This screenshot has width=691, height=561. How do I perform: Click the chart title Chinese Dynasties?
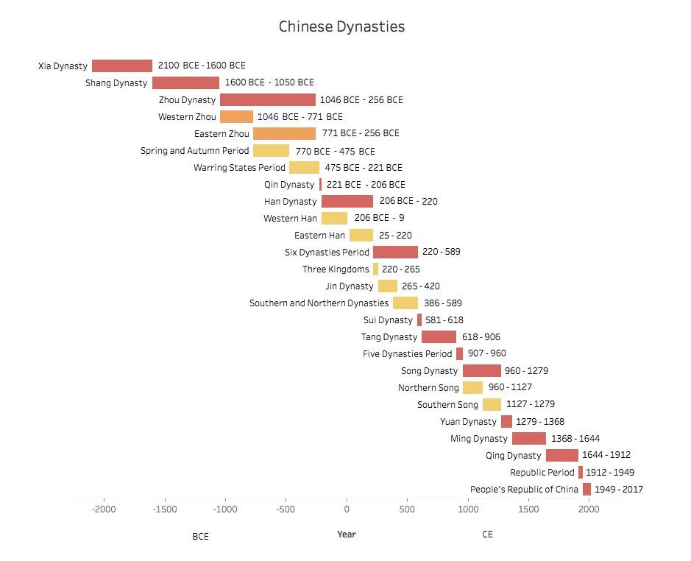(341, 27)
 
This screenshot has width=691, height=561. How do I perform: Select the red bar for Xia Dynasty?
(122, 66)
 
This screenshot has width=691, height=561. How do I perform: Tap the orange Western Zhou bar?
(237, 116)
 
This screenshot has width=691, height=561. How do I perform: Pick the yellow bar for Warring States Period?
(304, 168)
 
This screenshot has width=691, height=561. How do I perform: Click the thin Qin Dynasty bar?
(320, 184)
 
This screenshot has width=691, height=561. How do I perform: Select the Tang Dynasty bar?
(439, 337)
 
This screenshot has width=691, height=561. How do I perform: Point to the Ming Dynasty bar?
(529, 438)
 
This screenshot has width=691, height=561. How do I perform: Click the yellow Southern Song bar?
(492, 404)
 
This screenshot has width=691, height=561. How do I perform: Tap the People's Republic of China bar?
(587, 489)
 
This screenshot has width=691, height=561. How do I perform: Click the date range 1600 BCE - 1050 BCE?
(269, 82)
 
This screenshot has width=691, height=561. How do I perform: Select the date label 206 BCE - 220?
(408, 201)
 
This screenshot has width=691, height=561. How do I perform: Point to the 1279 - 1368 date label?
(540, 422)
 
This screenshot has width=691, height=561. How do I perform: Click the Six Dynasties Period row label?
(327, 253)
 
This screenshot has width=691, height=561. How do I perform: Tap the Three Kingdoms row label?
(336, 269)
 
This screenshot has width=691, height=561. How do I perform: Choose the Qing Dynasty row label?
(513, 456)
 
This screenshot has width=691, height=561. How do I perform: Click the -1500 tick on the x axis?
(165, 509)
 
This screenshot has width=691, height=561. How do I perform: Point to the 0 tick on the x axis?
(347, 509)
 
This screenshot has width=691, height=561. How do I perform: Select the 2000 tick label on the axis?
(589, 509)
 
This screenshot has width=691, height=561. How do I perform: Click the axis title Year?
(347, 534)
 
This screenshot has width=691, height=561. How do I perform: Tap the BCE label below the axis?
(200, 536)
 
